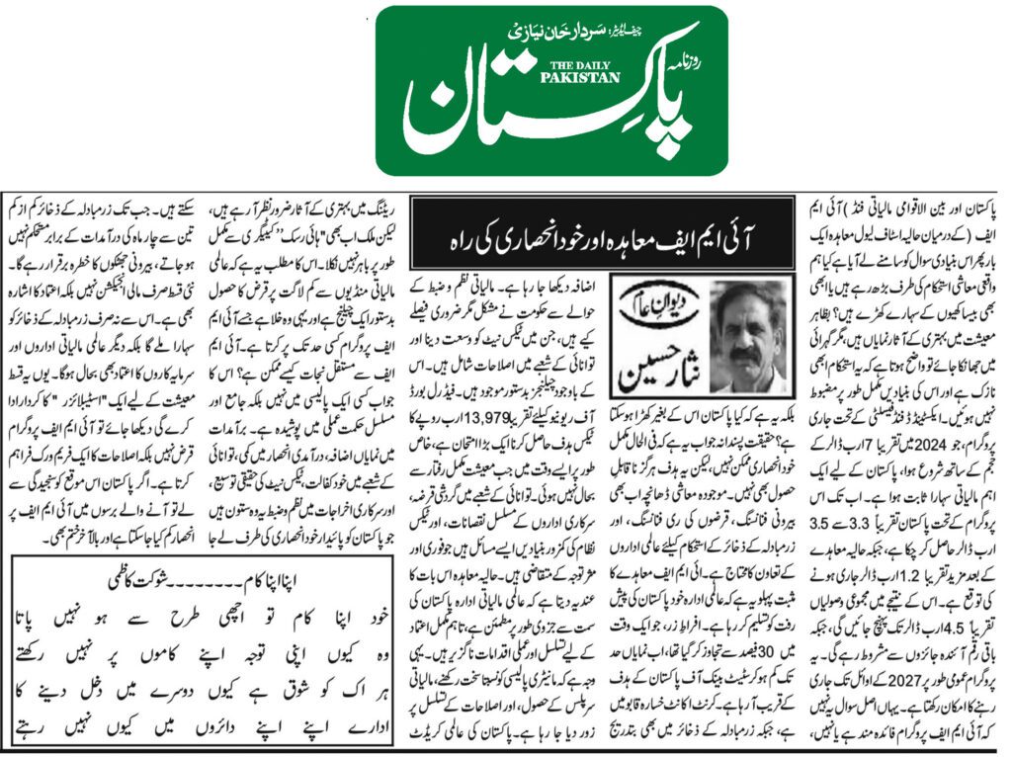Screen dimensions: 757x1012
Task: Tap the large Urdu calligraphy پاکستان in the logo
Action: (539, 109)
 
